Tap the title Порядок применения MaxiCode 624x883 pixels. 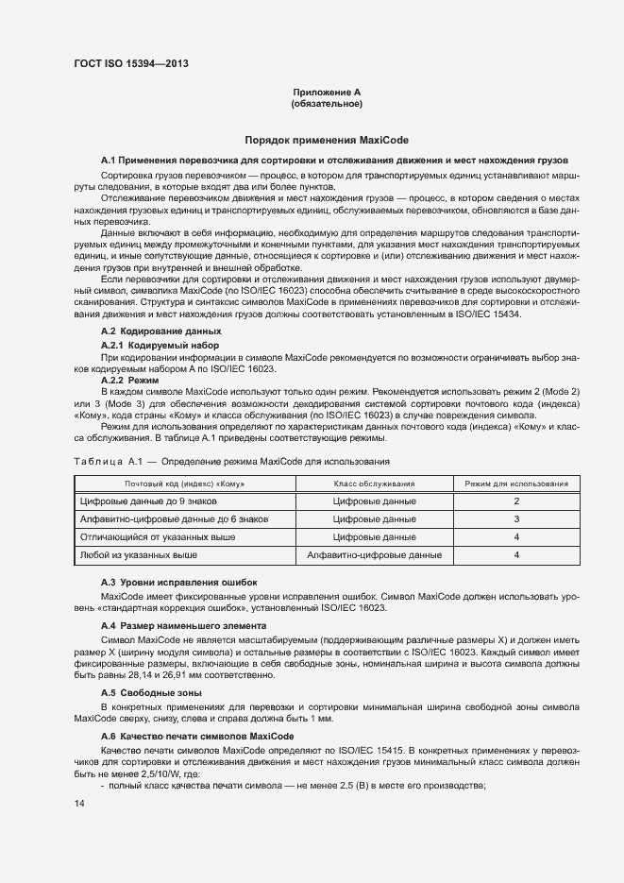326,139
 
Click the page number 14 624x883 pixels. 78,804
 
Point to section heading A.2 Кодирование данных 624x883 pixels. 160,331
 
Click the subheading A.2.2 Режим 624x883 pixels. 129,379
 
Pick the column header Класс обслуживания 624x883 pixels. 375,484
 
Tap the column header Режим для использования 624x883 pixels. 516,484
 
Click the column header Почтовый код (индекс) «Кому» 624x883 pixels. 185,484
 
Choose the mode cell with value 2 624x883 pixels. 516,501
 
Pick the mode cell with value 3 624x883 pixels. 516,519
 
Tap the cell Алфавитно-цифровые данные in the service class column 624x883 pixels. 375,555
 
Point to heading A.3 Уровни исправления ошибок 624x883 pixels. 178,582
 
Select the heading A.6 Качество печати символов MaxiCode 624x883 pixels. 197,736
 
